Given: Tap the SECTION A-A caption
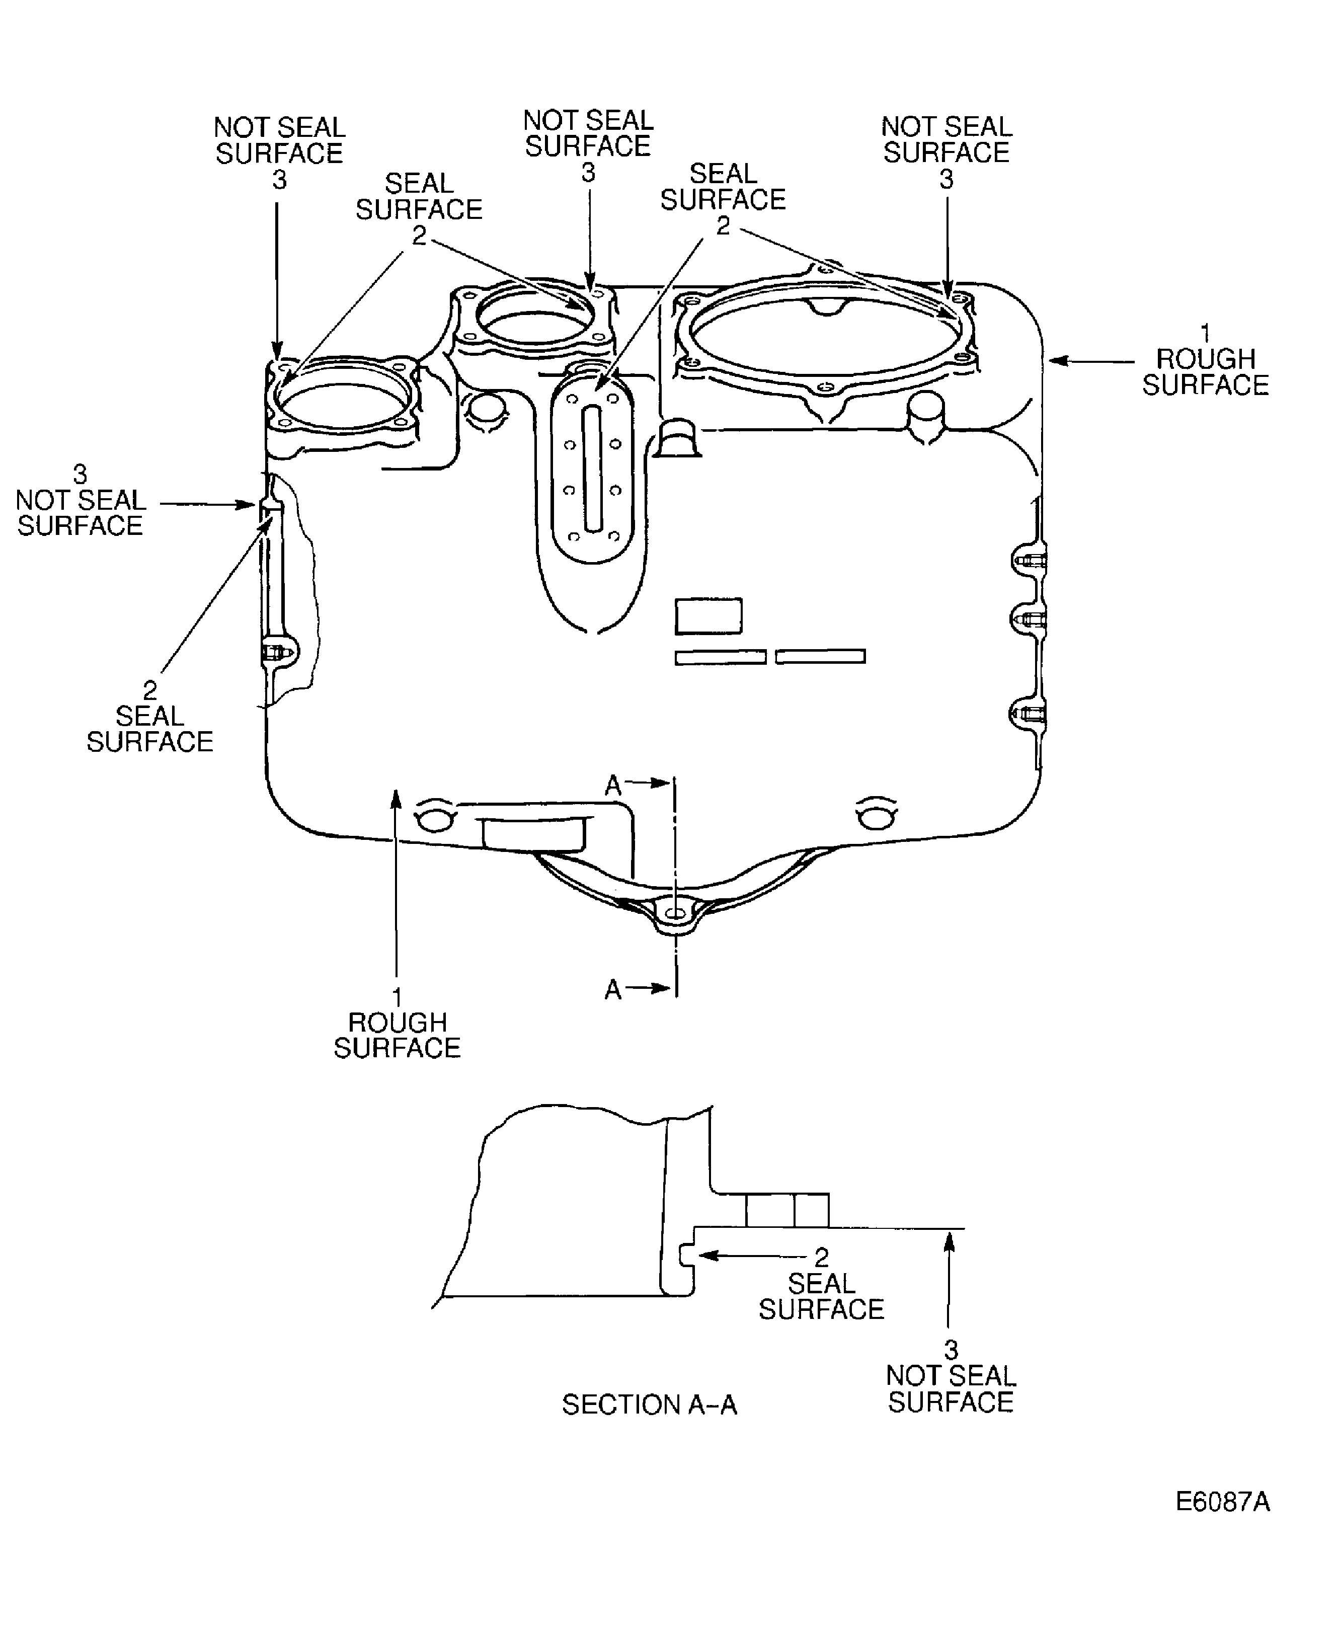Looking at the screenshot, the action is (649, 1405).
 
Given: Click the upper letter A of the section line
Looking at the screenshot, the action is (613, 786).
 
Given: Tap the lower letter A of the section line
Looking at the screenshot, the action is (613, 990).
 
